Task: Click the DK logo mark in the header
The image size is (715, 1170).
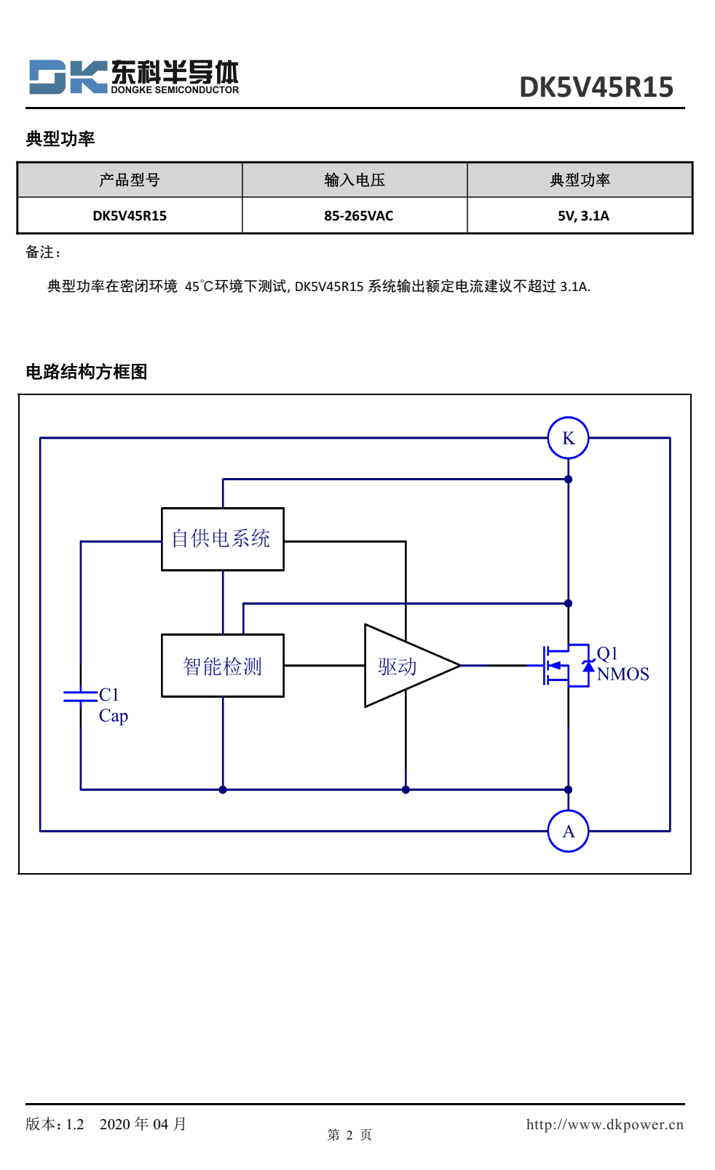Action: pyautogui.click(x=68, y=77)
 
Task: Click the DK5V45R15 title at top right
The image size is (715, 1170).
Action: pyautogui.click(x=596, y=87)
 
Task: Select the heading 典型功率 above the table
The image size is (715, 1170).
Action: pyautogui.click(x=60, y=139)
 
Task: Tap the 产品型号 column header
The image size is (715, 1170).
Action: pyautogui.click(x=130, y=180)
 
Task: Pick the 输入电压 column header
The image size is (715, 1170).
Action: pyautogui.click(x=355, y=180)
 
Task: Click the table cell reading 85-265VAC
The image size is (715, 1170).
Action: pyautogui.click(x=358, y=216)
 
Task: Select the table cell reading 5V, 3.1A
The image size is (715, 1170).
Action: pyautogui.click(x=583, y=216)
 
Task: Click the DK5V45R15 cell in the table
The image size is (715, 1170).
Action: pyautogui.click(x=130, y=216)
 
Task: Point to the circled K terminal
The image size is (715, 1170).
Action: pyautogui.click(x=568, y=438)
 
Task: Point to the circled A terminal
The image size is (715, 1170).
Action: pyautogui.click(x=568, y=831)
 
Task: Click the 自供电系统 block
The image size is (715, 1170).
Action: pyautogui.click(x=222, y=539)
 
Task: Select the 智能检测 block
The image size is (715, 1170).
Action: pyautogui.click(x=222, y=666)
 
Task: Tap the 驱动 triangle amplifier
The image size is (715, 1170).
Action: pyautogui.click(x=405, y=666)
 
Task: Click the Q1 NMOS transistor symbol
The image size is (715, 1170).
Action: pyautogui.click(x=564, y=665)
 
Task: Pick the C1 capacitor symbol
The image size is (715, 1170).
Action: pyautogui.click(x=80, y=696)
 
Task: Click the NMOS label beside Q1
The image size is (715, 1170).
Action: pyautogui.click(x=623, y=674)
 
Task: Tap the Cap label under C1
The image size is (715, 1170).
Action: pyautogui.click(x=114, y=716)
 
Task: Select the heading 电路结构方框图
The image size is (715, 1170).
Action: pyautogui.click(x=87, y=372)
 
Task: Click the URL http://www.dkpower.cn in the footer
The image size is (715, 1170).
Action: pyautogui.click(x=604, y=1124)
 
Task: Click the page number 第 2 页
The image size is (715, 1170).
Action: pyautogui.click(x=349, y=1135)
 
